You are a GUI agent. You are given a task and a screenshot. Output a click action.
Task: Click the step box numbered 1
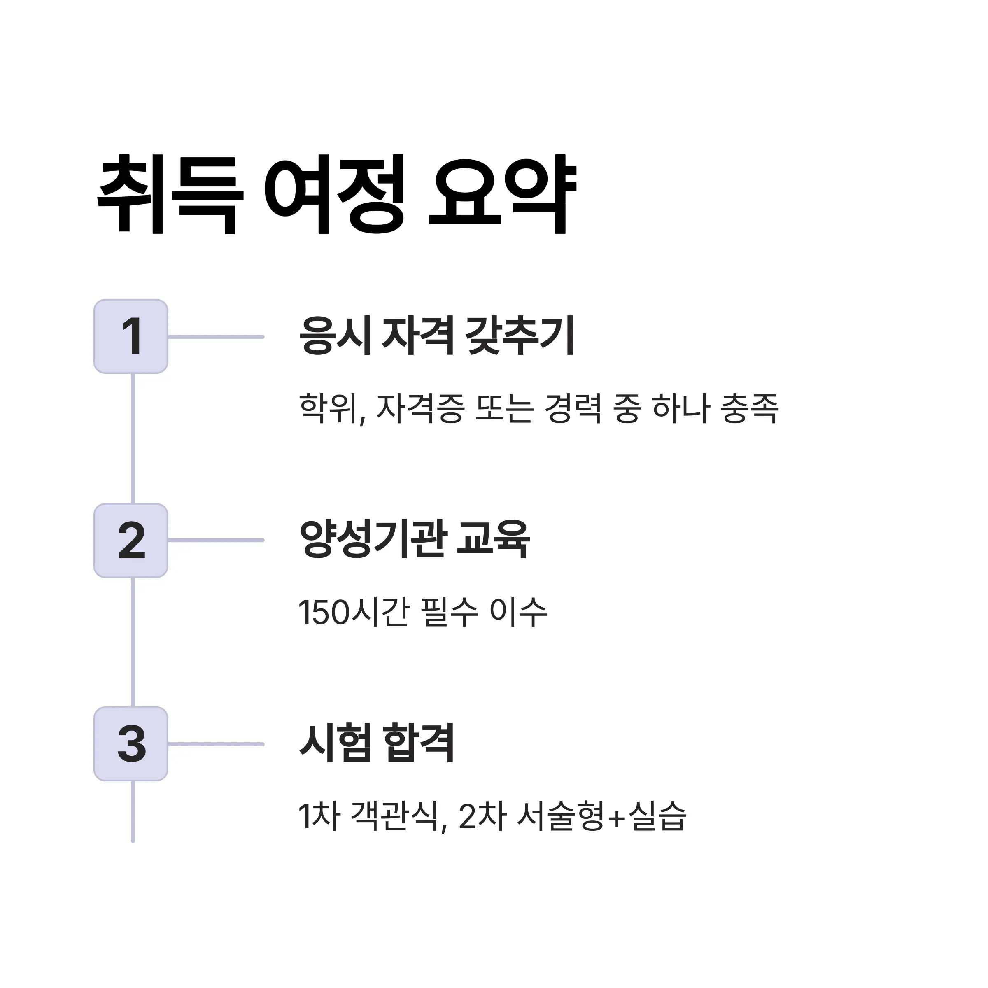pos(131,336)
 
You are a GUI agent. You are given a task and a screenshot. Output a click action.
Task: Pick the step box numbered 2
pos(131,541)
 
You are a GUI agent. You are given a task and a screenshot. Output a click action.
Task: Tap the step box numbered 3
pos(131,744)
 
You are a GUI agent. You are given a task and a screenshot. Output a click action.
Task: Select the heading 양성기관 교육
pos(415,540)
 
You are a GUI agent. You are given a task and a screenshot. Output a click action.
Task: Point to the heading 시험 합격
pos(377,743)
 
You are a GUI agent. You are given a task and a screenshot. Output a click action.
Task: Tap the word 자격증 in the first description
pos(420,408)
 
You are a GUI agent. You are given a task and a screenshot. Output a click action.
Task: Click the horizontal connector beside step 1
pos(216,336)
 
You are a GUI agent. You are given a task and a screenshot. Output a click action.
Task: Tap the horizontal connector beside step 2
pos(216,540)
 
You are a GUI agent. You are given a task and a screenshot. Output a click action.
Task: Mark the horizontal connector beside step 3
pos(216,744)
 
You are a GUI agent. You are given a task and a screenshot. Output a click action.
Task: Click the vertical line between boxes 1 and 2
pos(133,439)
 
